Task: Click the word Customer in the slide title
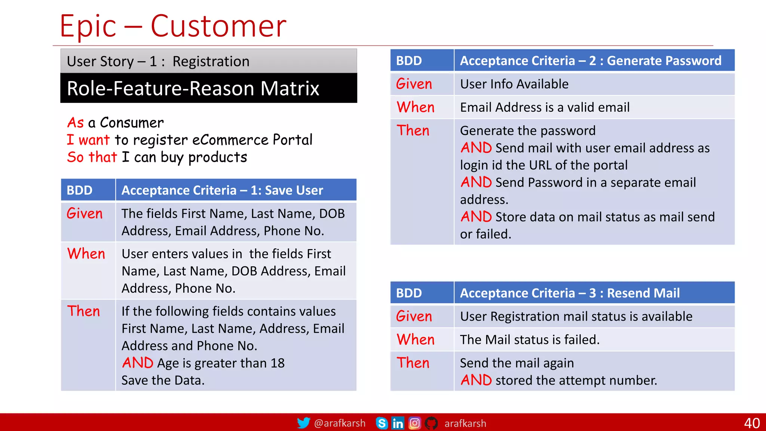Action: pos(218,26)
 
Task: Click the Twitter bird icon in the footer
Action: pos(303,423)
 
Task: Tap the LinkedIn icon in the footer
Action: pos(398,423)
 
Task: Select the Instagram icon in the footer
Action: pos(414,423)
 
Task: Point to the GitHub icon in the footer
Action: pos(431,423)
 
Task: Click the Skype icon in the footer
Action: pos(382,423)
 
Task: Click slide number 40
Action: pos(751,423)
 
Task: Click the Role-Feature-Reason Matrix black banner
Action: pos(208,88)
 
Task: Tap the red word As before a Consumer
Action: pos(76,123)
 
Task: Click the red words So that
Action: pos(92,157)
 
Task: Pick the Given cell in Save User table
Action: pos(85,214)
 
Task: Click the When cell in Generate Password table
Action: pos(416,107)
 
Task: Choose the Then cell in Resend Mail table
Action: pos(413,363)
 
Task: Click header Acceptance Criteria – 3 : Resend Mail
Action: pos(570,293)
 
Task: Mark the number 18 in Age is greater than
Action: pos(278,363)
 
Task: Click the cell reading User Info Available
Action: pos(514,84)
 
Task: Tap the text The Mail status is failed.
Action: pos(530,340)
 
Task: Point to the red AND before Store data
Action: pos(476,217)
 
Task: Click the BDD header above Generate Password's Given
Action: pos(409,61)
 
